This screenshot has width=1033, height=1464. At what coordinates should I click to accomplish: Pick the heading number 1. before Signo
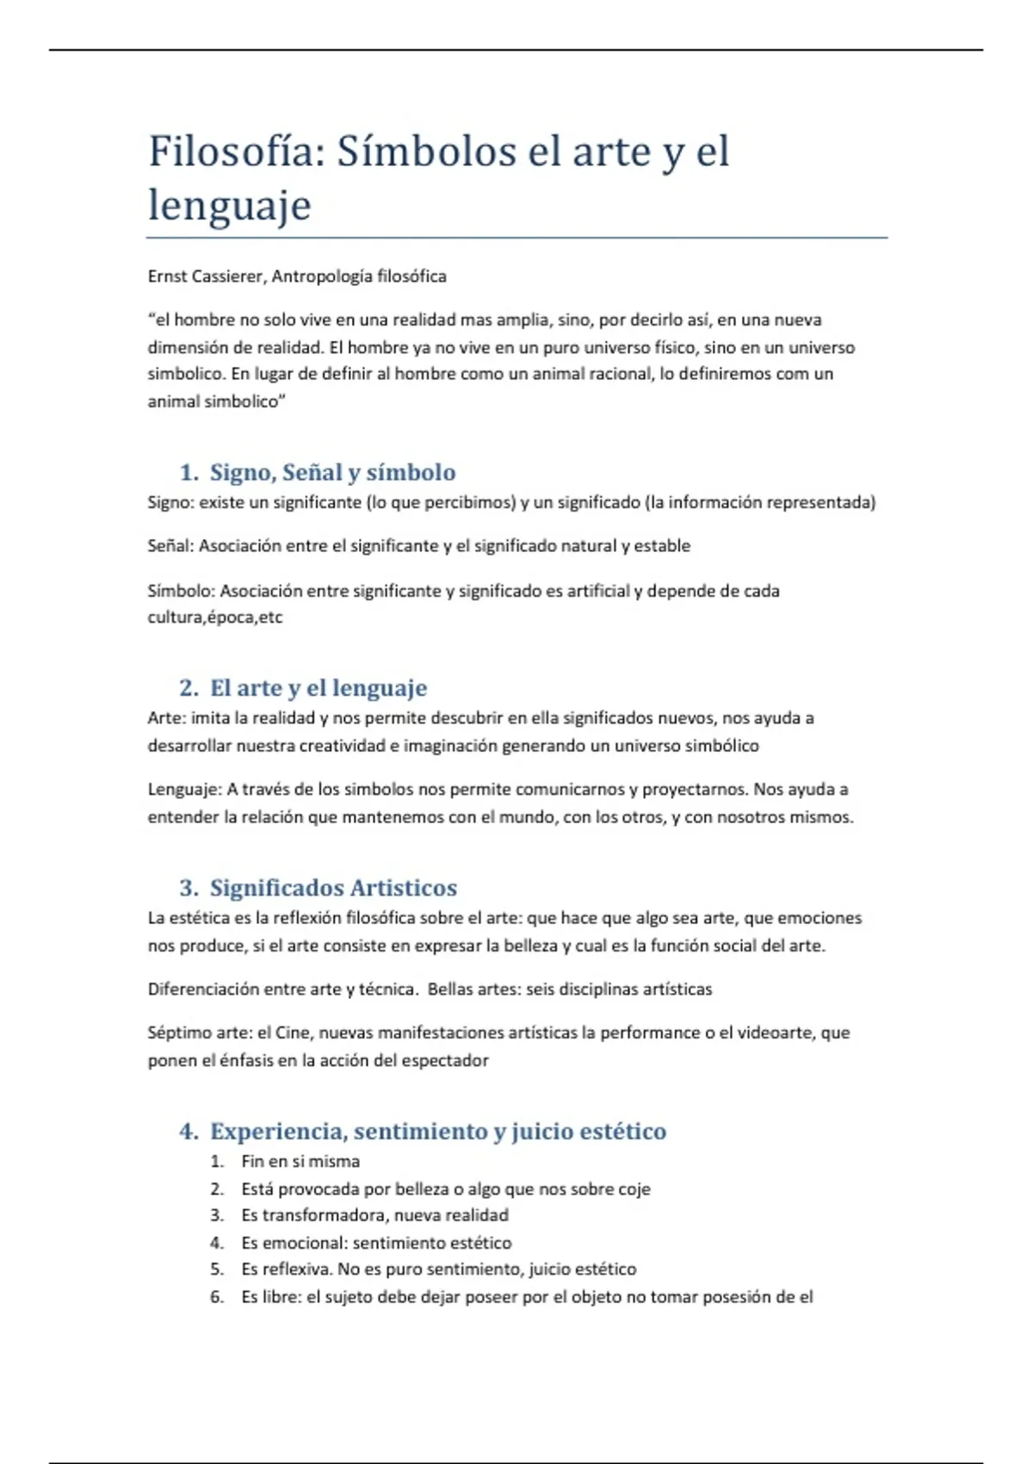coord(189,473)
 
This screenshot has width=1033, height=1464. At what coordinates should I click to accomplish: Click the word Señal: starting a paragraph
coord(171,546)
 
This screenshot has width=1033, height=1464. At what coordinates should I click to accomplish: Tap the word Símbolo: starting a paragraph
coord(181,591)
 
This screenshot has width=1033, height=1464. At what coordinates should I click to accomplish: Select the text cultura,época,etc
coord(214,617)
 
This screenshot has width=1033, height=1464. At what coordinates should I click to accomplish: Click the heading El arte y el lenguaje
coord(319,688)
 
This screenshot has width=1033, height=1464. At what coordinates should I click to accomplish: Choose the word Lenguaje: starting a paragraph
coord(185,790)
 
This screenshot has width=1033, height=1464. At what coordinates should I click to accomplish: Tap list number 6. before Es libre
coord(217,1297)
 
